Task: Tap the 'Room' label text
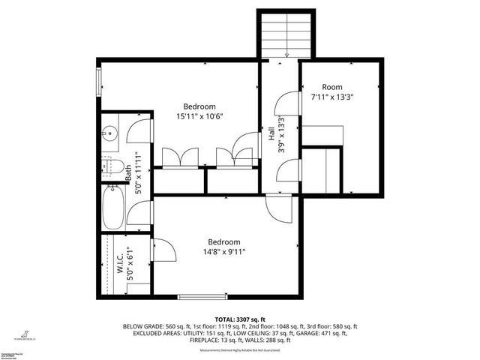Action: (x=332, y=87)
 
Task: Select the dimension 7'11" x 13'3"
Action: (x=332, y=97)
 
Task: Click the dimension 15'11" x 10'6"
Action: (x=200, y=116)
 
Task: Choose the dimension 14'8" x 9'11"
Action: (x=223, y=252)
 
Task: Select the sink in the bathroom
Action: (x=109, y=134)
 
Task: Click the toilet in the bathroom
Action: (x=112, y=166)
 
